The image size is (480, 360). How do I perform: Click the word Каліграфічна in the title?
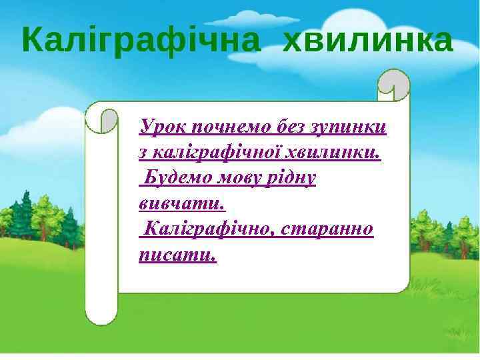[141, 41]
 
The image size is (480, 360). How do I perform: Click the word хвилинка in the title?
[368, 41]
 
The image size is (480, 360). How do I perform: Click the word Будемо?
[177, 178]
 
